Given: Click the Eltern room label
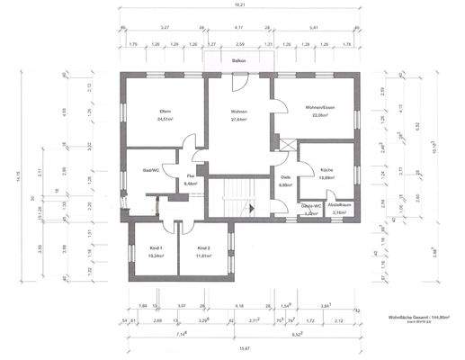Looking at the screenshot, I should (165, 111).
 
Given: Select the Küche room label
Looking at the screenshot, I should (327, 170).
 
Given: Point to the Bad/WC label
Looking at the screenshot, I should (150, 169).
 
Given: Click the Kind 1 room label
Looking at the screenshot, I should (145, 247).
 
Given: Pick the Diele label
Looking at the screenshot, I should (284, 177).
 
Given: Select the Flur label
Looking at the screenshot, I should (190, 175).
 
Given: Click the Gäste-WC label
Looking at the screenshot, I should (310, 206).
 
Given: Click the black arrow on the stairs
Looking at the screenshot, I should (253, 208).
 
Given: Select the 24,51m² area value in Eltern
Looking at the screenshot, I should (165, 118).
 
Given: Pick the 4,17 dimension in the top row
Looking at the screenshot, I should (237, 28).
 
